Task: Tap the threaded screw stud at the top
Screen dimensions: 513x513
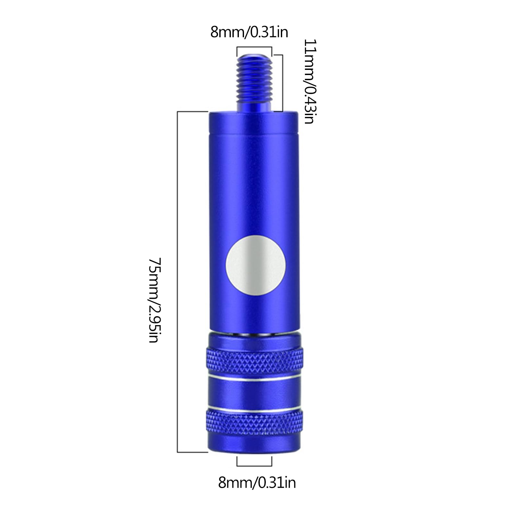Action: coord(255,83)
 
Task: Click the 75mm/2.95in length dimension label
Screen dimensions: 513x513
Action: coord(154,300)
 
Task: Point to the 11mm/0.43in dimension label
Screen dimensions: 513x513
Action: coord(309,81)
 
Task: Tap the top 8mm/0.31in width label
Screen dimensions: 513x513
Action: coord(249,32)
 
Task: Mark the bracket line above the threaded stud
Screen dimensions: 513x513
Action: coord(254,47)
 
